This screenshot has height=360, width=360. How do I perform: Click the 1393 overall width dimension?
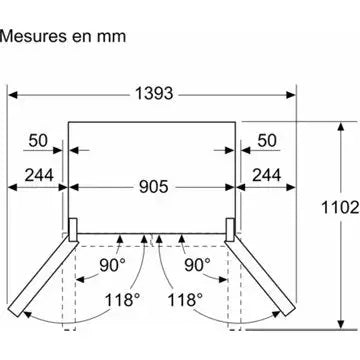click(154, 94)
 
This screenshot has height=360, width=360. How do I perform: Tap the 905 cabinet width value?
click(154, 187)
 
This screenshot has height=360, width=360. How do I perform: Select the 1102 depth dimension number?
click(340, 208)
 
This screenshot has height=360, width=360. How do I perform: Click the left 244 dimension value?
click(39, 175)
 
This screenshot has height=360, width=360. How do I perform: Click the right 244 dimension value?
click(266, 175)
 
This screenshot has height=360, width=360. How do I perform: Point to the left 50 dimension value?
click(38, 140)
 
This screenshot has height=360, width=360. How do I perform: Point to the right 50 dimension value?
click(267, 140)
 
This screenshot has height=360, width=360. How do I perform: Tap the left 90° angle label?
click(113, 265)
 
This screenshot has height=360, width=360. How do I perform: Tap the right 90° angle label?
click(197, 265)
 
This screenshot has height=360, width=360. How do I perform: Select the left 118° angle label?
click(122, 300)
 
